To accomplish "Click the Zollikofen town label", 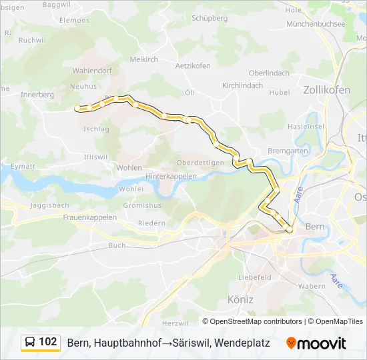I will pos(326,89).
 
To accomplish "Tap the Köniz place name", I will pos(240,299).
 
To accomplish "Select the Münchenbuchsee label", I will pos(315,23).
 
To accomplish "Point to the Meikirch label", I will pos(143,59).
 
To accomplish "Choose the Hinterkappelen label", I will pos(171,176).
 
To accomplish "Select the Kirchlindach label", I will pos(243,86).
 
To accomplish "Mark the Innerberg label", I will pos(37,95).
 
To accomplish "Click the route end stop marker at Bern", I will pos(289,230).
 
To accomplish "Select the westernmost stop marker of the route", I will pos(77,107).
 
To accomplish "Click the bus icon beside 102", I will pos(30,343).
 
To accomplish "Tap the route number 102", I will pos(48,342).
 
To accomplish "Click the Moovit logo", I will pos(316,343).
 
